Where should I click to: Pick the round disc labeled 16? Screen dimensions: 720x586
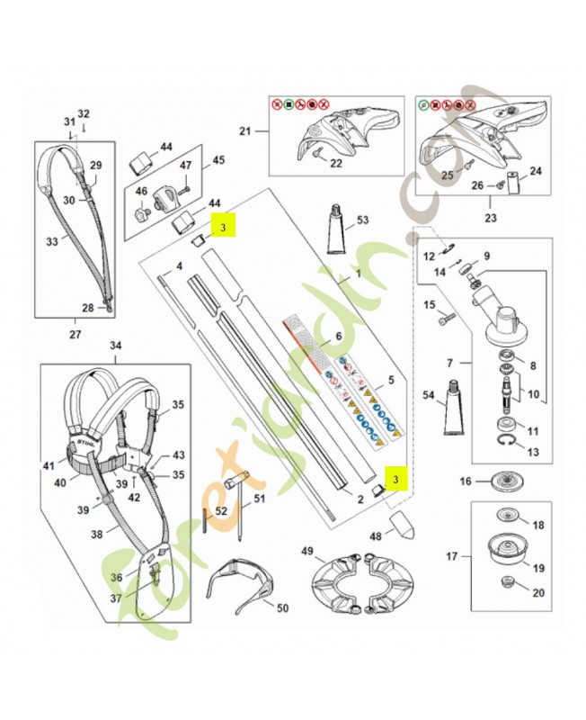510,481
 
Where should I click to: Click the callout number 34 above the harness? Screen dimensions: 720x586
115,346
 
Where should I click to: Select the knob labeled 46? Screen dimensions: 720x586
141,214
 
